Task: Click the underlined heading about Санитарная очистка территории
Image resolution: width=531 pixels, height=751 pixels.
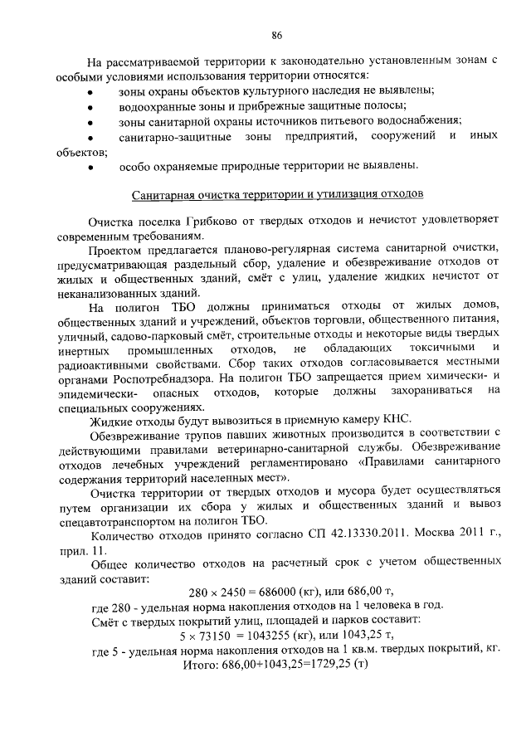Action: (x=279, y=194)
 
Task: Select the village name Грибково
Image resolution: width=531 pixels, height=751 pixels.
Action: (x=193, y=222)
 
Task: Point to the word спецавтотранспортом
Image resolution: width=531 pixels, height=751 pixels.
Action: (x=144, y=520)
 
